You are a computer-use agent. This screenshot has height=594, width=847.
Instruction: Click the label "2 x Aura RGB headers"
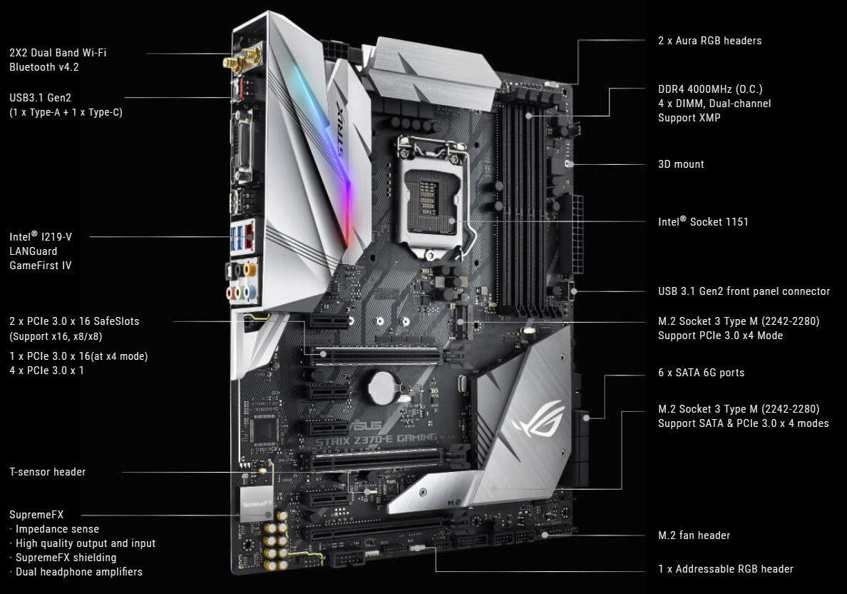pyautogui.click(x=709, y=41)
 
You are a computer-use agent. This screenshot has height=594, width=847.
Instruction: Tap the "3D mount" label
pyautogui.click(x=681, y=164)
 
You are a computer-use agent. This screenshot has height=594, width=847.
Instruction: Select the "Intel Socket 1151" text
pyautogui.click(x=703, y=222)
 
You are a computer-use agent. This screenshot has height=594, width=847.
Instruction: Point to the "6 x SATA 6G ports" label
pyautogui.click(x=701, y=373)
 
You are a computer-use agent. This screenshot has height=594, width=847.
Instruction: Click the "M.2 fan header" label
pyautogui.click(x=694, y=535)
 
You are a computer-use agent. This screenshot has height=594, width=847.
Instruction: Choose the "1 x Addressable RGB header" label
pyautogui.click(x=725, y=569)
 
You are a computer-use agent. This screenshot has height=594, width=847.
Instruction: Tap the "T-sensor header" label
pyautogui.click(x=48, y=472)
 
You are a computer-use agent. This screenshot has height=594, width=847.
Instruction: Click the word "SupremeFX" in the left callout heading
pyautogui.click(x=34, y=515)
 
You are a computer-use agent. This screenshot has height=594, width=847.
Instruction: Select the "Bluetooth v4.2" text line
pyautogui.click(x=44, y=67)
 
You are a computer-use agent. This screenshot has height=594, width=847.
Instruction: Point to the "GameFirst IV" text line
pyautogui.click(x=41, y=266)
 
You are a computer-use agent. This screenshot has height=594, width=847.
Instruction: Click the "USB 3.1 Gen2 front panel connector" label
pyautogui.click(x=744, y=291)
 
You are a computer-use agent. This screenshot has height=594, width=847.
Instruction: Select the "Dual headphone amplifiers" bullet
pyautogui.click(x=78, y=572)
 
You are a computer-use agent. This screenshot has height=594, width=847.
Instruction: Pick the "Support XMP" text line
pyautogui.click(x=689, y=118)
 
